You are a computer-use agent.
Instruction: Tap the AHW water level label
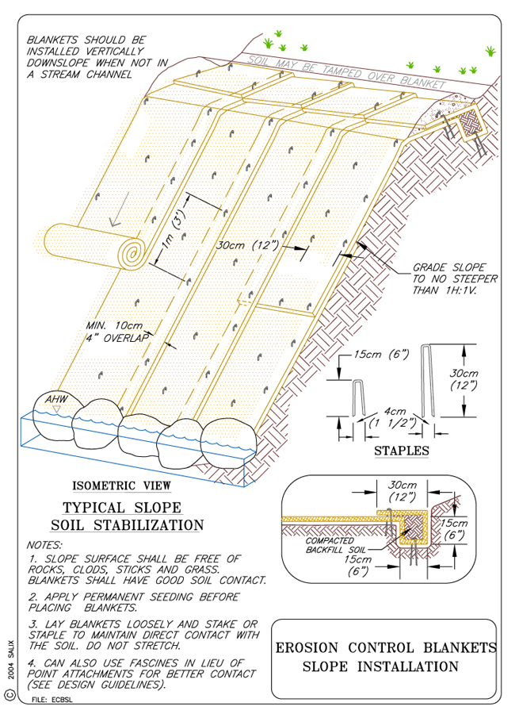55,399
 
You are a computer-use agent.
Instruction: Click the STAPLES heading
401,451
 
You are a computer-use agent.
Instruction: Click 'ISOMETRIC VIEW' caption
120,486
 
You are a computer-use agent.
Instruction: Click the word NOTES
44,545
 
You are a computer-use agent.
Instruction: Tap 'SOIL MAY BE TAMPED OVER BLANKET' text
346,71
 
